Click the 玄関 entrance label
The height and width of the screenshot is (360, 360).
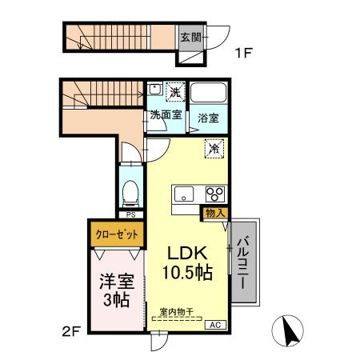coord(190,37)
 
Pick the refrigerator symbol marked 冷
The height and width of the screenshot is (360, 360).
coord(214,148)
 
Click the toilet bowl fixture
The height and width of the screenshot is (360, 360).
coord(130,190)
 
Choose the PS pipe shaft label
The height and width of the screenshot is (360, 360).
coord(130,214)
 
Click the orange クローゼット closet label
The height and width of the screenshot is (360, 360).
coord(116,235)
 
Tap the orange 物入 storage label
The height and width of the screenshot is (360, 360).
coord(214,212)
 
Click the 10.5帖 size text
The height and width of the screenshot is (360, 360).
coord(186,273)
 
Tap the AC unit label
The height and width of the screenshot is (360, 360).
coord(215,324)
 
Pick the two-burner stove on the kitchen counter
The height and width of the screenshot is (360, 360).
coord(214,193)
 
